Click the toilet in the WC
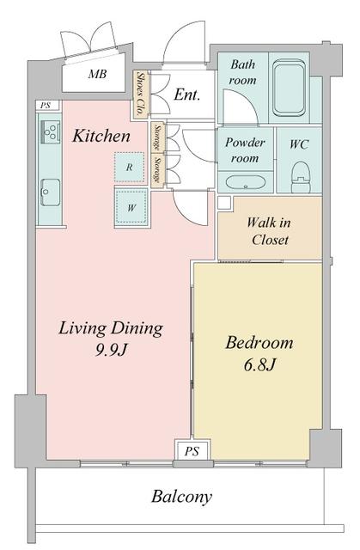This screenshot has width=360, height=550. click(x=301, y=176)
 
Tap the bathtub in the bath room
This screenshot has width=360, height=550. click(x=289, y=88)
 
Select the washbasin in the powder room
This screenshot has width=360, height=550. click(x=245, y=182)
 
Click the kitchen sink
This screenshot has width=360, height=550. click(x=50, y=192)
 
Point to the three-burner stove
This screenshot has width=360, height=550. click(x=51, y=131)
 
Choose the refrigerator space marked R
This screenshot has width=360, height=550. click(x=130, y=167)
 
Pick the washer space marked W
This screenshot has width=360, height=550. click(x=131, y=208)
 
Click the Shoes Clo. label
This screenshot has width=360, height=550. click(x=141, y=94)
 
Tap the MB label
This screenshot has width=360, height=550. click(x=97, y=74)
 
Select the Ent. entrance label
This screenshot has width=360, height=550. click(x=186, y=95)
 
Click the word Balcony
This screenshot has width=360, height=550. click(x=181, y=497)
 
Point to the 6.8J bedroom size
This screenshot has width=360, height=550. click(x=259, y=365)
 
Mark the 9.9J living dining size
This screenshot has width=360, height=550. click(x=111, y=350)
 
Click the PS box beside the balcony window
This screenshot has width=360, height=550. click(x=192, y=450)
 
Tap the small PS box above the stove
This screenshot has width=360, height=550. click(x=46, y=105)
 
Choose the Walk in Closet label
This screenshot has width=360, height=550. click(x=269, y=231)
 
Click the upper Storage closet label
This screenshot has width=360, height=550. click(x=158, y=137)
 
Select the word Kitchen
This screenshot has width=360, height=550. click(x=101, y=136)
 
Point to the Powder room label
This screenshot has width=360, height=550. click(x=245, y=150)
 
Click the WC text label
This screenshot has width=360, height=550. click(x=299, y=144)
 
